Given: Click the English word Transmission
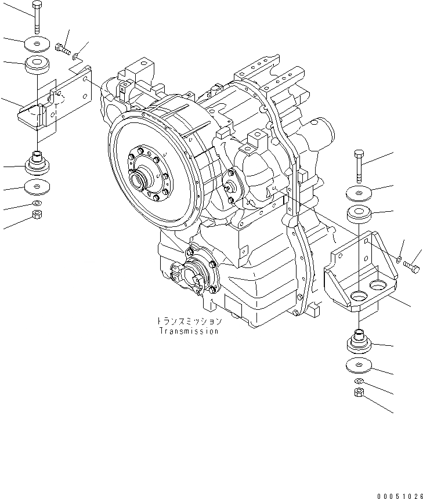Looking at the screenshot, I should pos(189,331).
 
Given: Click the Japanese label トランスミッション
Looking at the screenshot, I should pos(189,321).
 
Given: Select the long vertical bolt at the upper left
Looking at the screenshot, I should pos(37,17).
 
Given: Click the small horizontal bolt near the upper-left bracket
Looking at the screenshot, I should pos(63,48).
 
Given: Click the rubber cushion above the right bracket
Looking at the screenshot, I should pos(360,213).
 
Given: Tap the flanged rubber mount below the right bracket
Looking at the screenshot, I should pos(359,342).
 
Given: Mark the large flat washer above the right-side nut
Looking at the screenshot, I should pos(359,366).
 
